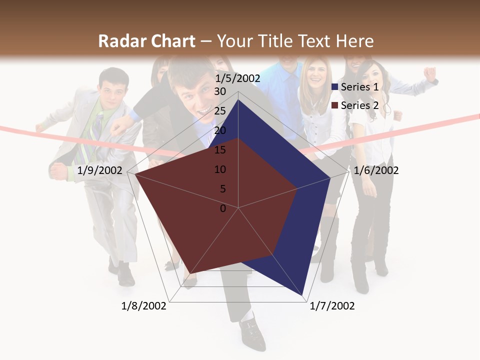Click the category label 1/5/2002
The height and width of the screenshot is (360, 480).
tap(237, 78)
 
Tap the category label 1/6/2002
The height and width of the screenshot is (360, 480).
tap(376, 170)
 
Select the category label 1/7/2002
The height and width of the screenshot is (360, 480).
tap(332, 305)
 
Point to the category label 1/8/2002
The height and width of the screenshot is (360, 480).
tap(144, 305)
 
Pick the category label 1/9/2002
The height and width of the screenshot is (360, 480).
tap(100, 170)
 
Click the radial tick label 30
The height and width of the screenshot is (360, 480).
tap(220, 91)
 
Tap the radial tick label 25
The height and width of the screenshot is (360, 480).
tap(220, 111)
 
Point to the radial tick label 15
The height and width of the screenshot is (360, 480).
tap(220, 150)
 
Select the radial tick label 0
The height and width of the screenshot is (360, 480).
tap(223, 208)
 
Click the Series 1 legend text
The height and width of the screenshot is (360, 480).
tap(359, 87)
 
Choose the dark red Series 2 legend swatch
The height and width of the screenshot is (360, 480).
tap(335, 105)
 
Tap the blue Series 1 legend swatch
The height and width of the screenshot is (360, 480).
tap(335, 87)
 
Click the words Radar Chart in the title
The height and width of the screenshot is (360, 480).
tap(146, 41)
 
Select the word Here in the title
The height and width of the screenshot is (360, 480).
tap(354, 41)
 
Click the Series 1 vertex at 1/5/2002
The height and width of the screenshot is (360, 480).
tap(238, 100)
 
